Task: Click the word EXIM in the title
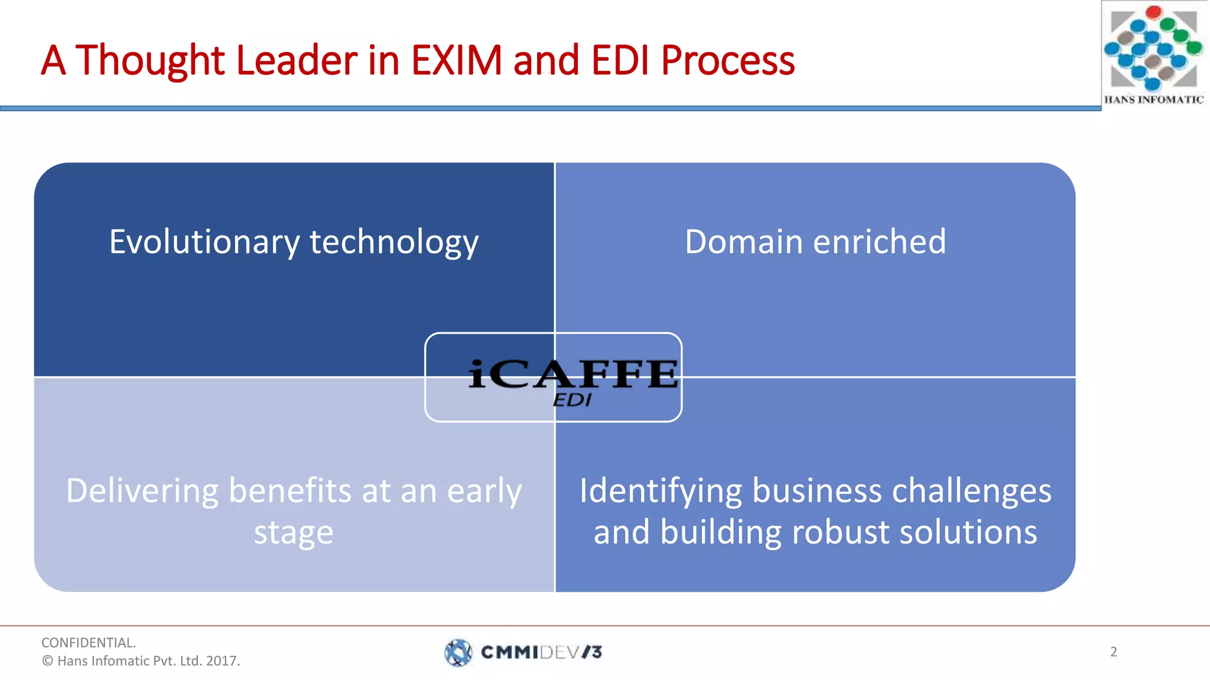tap(456, 60)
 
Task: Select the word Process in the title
tap(728, 61)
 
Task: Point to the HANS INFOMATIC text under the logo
tap(1153, 100)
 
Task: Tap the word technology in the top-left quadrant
tap(394, 243)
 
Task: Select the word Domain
tap(743, 242)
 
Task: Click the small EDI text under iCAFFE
tap(571, 401)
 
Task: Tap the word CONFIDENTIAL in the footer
tap(88, 642)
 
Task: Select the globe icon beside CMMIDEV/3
tap(458, 652)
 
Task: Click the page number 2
tap(1113, 652)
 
